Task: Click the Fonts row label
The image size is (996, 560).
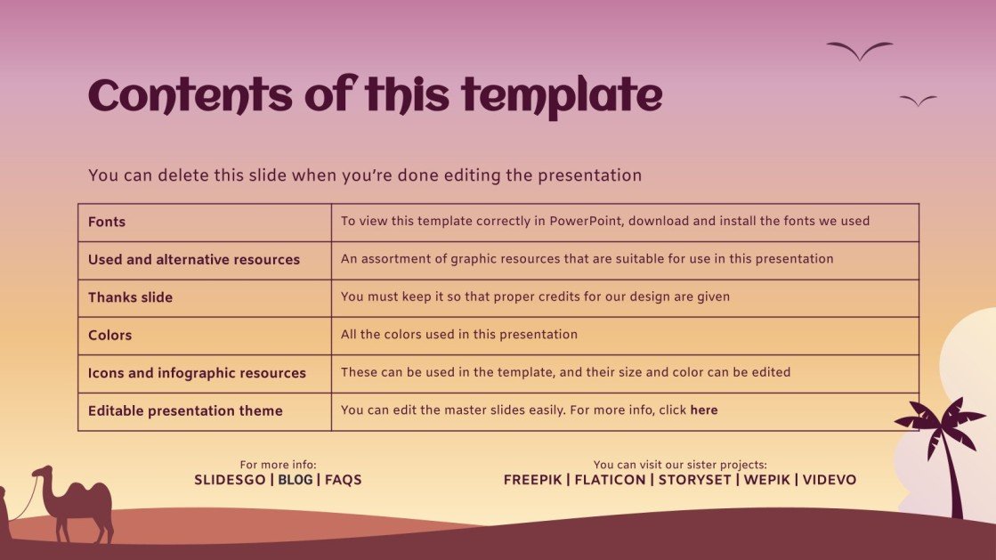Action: [107, 222]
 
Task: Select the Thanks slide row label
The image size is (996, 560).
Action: [130, 297]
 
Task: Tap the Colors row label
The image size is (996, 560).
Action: [109, 336]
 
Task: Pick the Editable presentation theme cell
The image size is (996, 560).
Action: [185, 411]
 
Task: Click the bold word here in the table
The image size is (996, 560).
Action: [703, 410]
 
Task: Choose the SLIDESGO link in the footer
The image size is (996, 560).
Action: [230, 480]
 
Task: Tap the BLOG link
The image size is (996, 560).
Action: [296, 480]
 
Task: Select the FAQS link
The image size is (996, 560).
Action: [344, 480]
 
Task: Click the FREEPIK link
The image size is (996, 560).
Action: [532, 480]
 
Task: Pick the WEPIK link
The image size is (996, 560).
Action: [765, 480]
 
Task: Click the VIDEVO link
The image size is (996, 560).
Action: [830, 480]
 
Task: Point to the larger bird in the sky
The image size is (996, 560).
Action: [859, 50]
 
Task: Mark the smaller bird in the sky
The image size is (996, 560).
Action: [918, 101]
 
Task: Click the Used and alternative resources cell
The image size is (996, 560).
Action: [194, 260]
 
